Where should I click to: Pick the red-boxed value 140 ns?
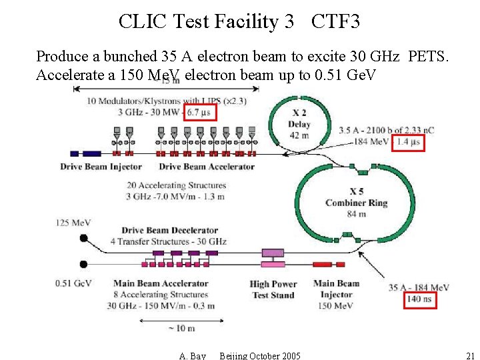coord(419,299)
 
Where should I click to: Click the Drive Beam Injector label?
coord(101,166)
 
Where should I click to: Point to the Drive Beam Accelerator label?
coord(207,166)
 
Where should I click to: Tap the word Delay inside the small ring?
coord(299,125)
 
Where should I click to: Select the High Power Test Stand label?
coord(273,289)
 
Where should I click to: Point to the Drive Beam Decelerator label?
coord(169,231)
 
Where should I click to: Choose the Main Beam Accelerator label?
coord(161,283)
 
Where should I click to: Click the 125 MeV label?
coord(73,222)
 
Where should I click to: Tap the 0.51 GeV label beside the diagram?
coord(73,283)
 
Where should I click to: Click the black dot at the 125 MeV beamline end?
coord(84,238)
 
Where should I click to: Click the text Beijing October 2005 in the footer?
coord(260,356)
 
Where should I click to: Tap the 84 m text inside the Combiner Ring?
coord(357,213)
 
